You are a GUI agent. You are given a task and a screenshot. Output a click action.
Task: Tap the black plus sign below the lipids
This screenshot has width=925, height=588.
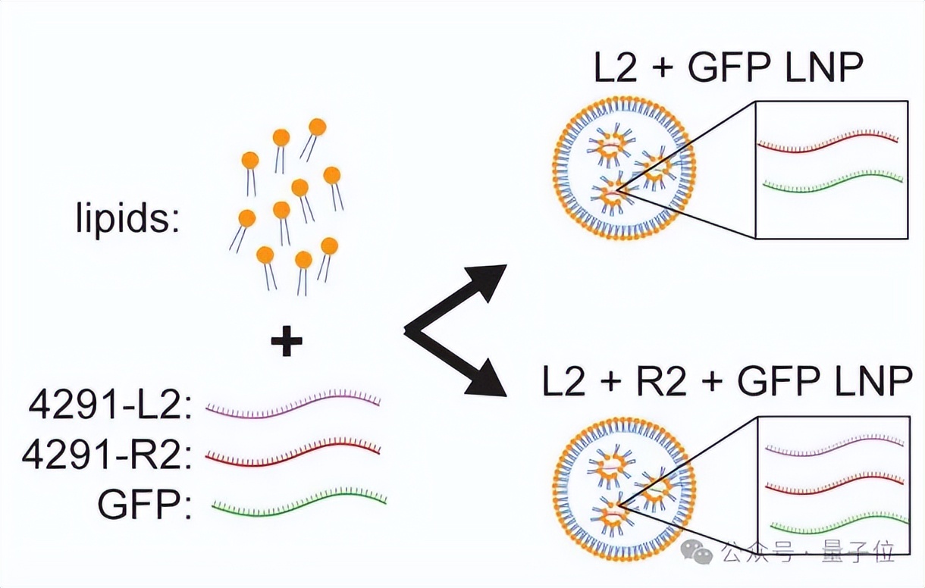tap(287, 343)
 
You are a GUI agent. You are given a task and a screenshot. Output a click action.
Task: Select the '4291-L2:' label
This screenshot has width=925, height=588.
tap(109, 407)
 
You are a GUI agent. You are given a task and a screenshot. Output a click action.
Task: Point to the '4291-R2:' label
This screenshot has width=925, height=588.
tap(105, 456)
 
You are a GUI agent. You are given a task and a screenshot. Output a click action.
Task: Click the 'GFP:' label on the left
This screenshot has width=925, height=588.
tap(144, 504)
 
